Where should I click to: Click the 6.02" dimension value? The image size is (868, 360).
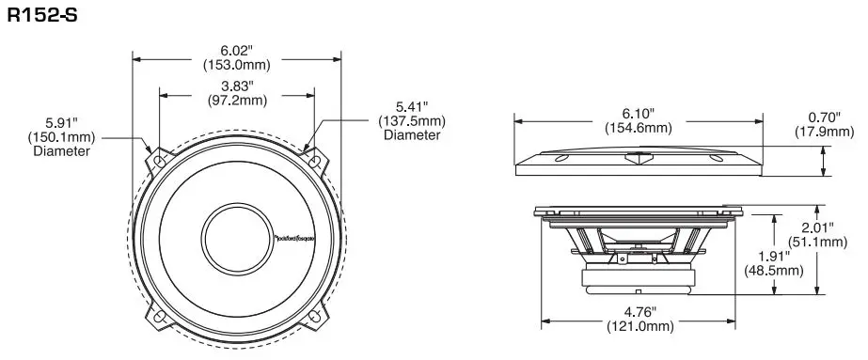point(236,50)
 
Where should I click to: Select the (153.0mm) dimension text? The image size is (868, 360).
point(236,65)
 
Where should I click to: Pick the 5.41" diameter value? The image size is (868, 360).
point(411,106)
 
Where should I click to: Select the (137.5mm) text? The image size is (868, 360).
point(412,120)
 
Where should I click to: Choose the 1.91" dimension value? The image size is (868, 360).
point(776,255)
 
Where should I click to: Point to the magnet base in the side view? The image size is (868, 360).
point(636,278)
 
